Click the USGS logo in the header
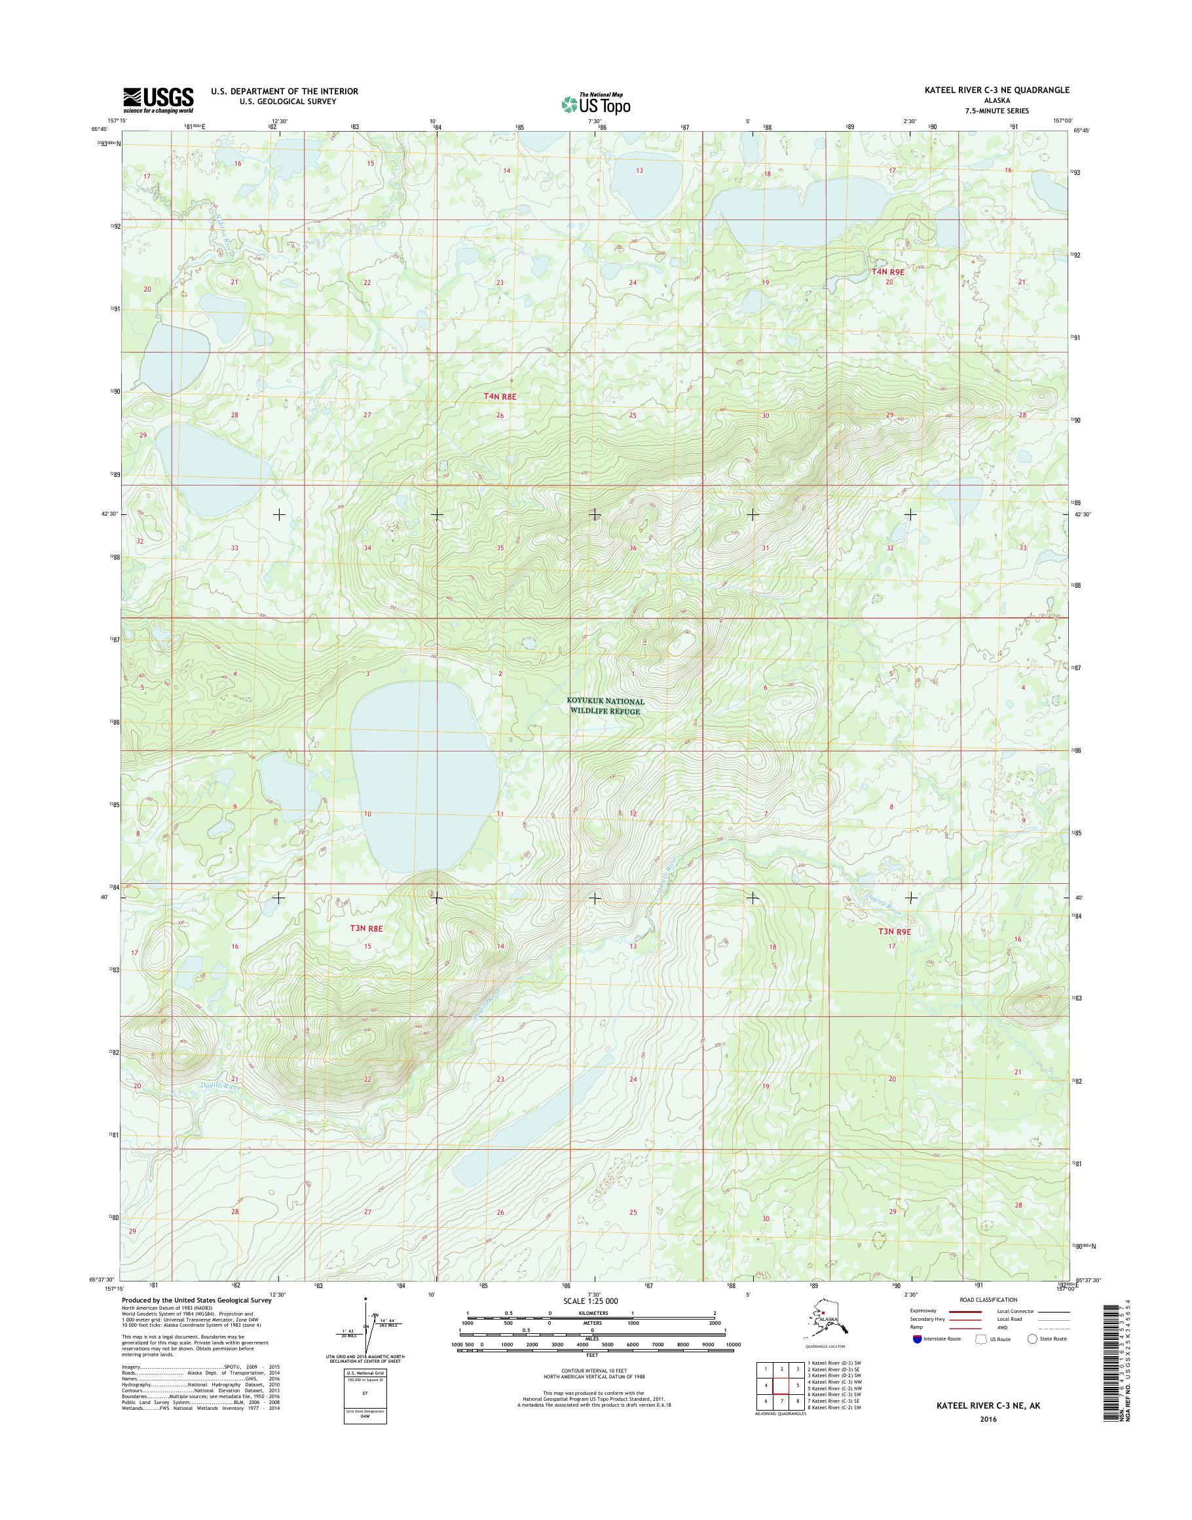[158, 100]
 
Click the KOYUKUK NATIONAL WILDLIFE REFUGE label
[605, 706]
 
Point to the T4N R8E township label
[500, 396]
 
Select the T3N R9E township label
[895, 932]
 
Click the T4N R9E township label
[887, 272]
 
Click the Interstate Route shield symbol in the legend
[917, 1339]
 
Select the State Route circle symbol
[1032, 1339]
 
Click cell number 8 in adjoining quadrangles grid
[797, 1401]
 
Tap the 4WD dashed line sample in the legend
[1053, 1327]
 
